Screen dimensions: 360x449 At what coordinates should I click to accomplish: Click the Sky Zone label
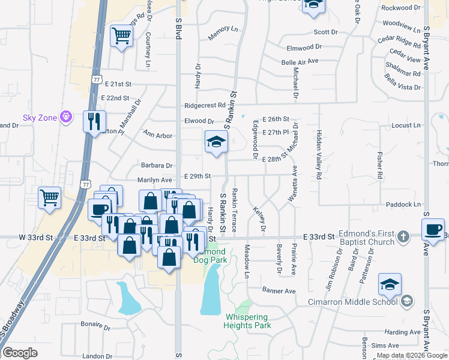coord(39,118)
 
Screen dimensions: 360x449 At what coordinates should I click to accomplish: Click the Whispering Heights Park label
coord(247,321)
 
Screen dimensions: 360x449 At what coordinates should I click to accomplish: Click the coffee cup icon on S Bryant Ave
coord(433,229)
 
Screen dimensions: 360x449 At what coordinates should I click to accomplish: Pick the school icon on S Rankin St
coord(216,142)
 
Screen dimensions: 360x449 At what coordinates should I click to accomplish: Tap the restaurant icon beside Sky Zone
coord(94,121)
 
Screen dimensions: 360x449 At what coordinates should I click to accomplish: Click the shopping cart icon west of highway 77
coord(49,197)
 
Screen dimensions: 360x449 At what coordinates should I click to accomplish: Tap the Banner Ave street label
coord(279,291)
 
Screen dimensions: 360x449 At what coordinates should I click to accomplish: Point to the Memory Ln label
coord(223,34)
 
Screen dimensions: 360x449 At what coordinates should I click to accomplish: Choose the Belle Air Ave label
coord(300,61)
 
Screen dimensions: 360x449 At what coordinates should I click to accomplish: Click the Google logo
coord(20,353)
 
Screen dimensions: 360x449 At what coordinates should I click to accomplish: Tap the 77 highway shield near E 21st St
coord(97,79)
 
